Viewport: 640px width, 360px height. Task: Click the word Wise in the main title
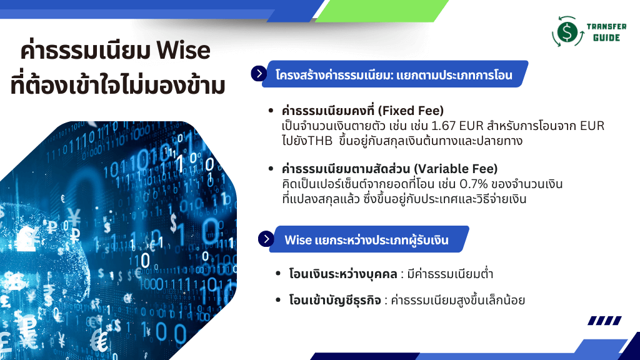183,50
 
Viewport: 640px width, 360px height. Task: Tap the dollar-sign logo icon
567,31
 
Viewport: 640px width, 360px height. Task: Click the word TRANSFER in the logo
606,26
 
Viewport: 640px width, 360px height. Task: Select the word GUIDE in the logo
606,37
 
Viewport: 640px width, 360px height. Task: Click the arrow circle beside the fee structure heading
259,74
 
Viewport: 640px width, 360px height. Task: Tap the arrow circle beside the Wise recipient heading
266,239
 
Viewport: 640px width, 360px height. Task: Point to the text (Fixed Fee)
411,111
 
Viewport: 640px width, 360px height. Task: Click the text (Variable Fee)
456,169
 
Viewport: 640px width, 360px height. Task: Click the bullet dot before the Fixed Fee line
271,111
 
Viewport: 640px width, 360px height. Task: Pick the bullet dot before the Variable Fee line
271,169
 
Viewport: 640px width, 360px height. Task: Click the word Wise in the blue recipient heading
298,240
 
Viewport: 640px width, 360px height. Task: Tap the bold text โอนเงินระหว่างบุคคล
343,274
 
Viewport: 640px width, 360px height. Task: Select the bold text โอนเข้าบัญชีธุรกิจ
335,301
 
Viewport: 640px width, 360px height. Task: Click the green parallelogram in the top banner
382,11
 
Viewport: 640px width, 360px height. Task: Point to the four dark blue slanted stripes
604,321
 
